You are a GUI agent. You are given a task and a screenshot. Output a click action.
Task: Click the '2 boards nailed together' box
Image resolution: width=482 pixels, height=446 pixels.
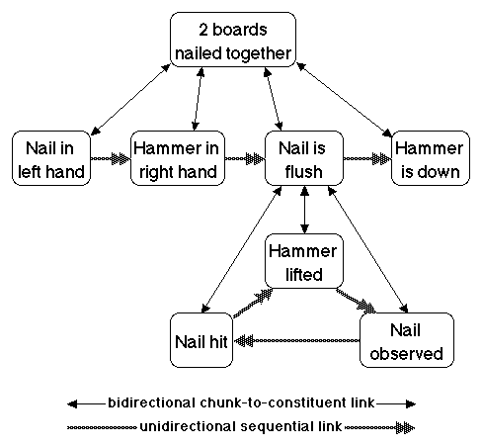click(x=233, y=40)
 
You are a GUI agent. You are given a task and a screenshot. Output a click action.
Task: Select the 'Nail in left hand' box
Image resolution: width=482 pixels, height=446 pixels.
click(x=51, y=158)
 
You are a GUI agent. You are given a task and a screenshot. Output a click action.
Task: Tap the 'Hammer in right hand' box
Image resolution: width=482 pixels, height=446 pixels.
click(x=178, y=158)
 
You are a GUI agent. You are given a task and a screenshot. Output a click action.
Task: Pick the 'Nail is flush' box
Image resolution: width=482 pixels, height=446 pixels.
click(x=304, y=158)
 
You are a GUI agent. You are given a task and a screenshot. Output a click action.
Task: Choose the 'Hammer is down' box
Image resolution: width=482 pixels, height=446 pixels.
click(x=431, y=158)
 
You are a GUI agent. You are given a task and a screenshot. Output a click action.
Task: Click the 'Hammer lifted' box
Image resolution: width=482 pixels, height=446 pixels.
click(x=304, y=261)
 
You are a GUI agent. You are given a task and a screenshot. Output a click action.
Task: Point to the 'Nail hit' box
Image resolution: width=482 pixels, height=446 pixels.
click(x=201, y=340)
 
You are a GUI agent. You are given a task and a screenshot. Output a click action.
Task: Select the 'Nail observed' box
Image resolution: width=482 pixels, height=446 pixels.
click(x=407, y=340)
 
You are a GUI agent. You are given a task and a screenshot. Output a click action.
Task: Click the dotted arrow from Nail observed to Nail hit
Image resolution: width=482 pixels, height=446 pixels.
click(x=296, y=340)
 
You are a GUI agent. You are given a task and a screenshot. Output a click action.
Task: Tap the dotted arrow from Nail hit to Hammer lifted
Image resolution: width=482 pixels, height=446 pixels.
click(x=253, y=304)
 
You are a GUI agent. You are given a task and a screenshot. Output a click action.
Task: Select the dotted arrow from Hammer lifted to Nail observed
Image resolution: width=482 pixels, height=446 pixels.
click(x=356, y=301)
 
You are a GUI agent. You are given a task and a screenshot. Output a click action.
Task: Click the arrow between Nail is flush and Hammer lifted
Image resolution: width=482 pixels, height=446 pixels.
click(x=304, y=210)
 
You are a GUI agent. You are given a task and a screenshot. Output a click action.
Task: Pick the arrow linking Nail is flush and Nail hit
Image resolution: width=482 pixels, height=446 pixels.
click(x=241, y=249)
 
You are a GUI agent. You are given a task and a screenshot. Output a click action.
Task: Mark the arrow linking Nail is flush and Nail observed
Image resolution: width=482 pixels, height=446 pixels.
click(x=368, y=249)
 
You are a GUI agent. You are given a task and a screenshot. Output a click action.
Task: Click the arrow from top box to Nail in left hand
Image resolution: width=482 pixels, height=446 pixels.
click(x=130, y=100)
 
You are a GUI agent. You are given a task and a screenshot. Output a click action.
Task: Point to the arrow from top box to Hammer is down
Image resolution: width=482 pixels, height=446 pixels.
click(x=345, y=100)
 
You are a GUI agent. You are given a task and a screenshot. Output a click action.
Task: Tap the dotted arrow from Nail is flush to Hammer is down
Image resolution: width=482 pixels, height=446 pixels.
click(x=367, y=158)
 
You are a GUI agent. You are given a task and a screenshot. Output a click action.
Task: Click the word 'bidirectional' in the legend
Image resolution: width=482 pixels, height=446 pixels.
click(x=151, y=402)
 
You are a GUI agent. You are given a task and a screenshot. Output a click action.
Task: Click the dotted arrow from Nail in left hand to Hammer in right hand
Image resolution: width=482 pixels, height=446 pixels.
click(x=111, y=158)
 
